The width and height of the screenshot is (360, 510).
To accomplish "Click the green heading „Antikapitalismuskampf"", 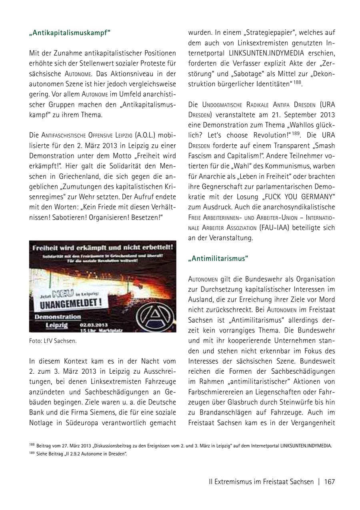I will tap(69, 32).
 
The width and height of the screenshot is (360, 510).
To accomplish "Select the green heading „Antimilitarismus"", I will tap(218, 259).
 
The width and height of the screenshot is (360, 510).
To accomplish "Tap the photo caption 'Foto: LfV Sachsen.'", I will tap(53, 341).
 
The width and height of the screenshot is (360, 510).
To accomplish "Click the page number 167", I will tap(329, 482).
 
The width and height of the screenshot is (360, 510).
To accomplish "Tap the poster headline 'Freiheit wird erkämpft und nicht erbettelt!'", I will tap(103, 247).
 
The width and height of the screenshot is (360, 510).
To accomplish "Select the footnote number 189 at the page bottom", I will tap(32, 453).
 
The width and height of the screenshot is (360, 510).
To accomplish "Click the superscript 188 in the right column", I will tap(297, 83).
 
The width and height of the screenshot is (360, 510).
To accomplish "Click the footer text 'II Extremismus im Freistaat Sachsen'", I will tap(261, 482).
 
